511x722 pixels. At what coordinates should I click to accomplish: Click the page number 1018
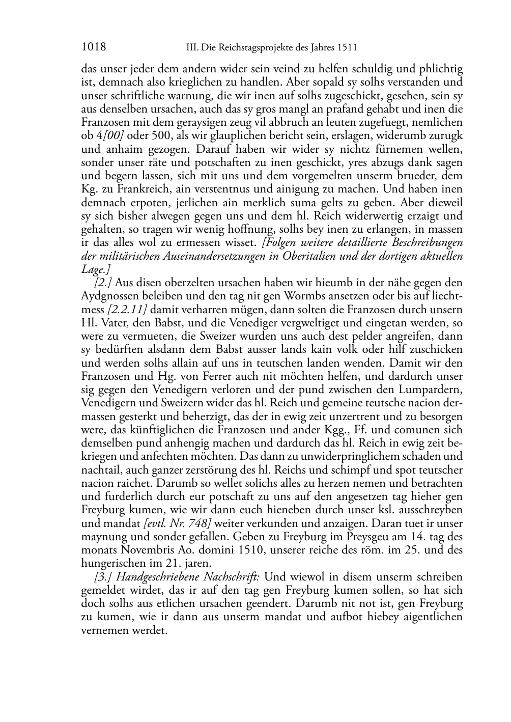(x=93, y=48)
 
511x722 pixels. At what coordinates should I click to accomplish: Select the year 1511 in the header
(x=346, y=48)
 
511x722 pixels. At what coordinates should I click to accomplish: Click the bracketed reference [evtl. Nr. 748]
(x=178, y=523)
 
